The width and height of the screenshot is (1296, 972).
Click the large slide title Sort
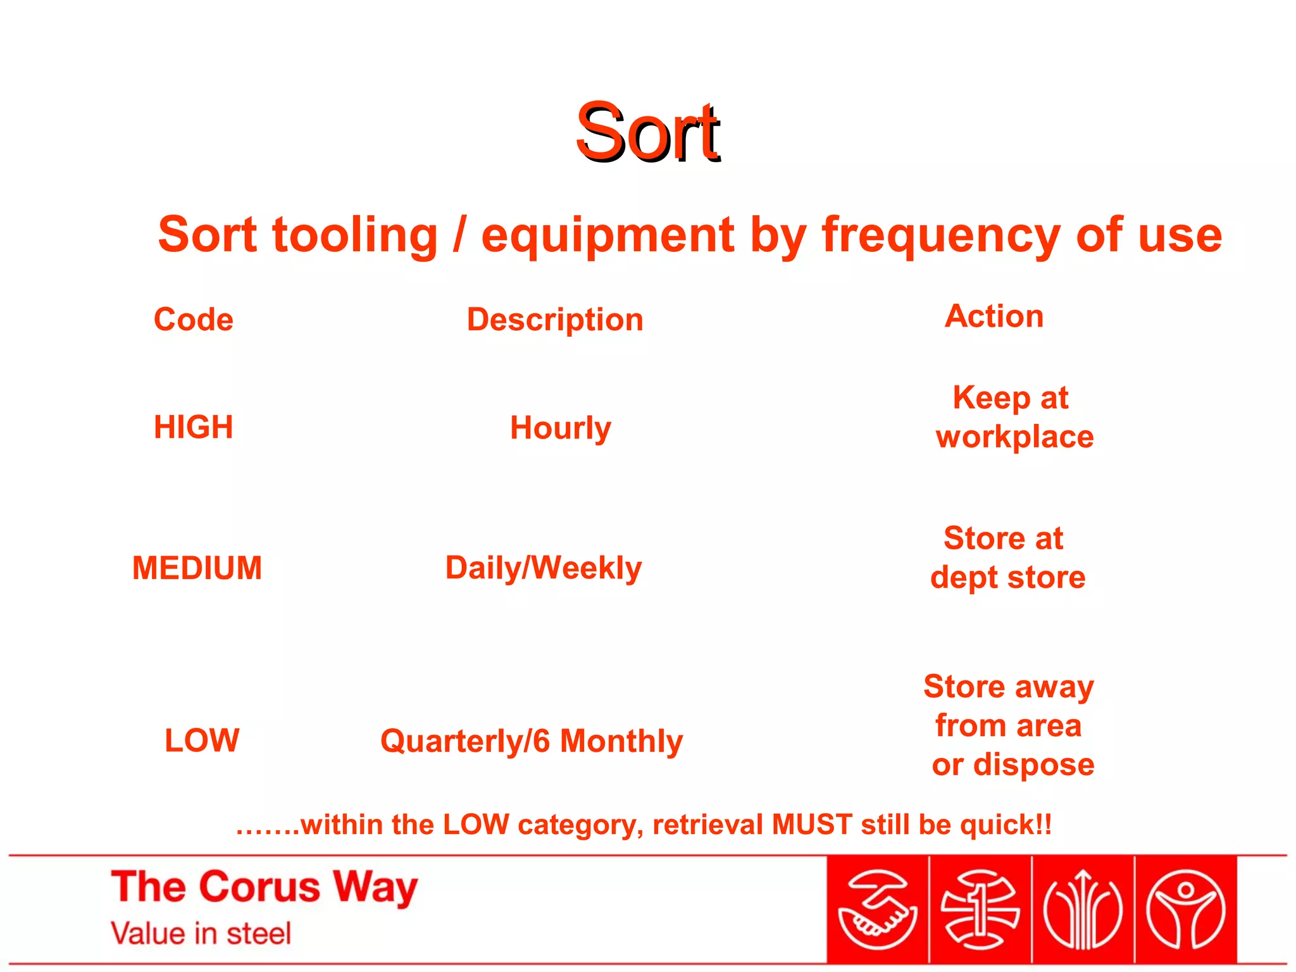[x=647, y=133]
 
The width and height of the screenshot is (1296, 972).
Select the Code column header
[x=194, y=319]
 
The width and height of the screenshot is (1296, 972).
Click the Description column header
[x=555, y=320]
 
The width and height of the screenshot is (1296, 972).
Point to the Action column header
[x=994, y=316]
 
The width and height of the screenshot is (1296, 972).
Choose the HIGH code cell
[x=194, y=427]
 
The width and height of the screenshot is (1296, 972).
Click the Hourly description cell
[x=561, y=428]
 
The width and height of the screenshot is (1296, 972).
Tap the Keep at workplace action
[x=1014, y=417]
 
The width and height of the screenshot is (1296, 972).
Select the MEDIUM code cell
[x=197, y=568]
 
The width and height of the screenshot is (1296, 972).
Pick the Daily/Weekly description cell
[x=544, y=568]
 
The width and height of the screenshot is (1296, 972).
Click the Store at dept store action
[x=1007, y=558]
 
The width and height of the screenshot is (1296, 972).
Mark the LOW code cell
[x=202, y=740]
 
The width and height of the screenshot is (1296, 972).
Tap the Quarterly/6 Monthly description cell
[x=532, y=741]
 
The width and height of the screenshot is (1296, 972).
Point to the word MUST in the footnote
[x=812, y=825]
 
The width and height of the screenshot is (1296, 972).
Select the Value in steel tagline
[x=201, y=933]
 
